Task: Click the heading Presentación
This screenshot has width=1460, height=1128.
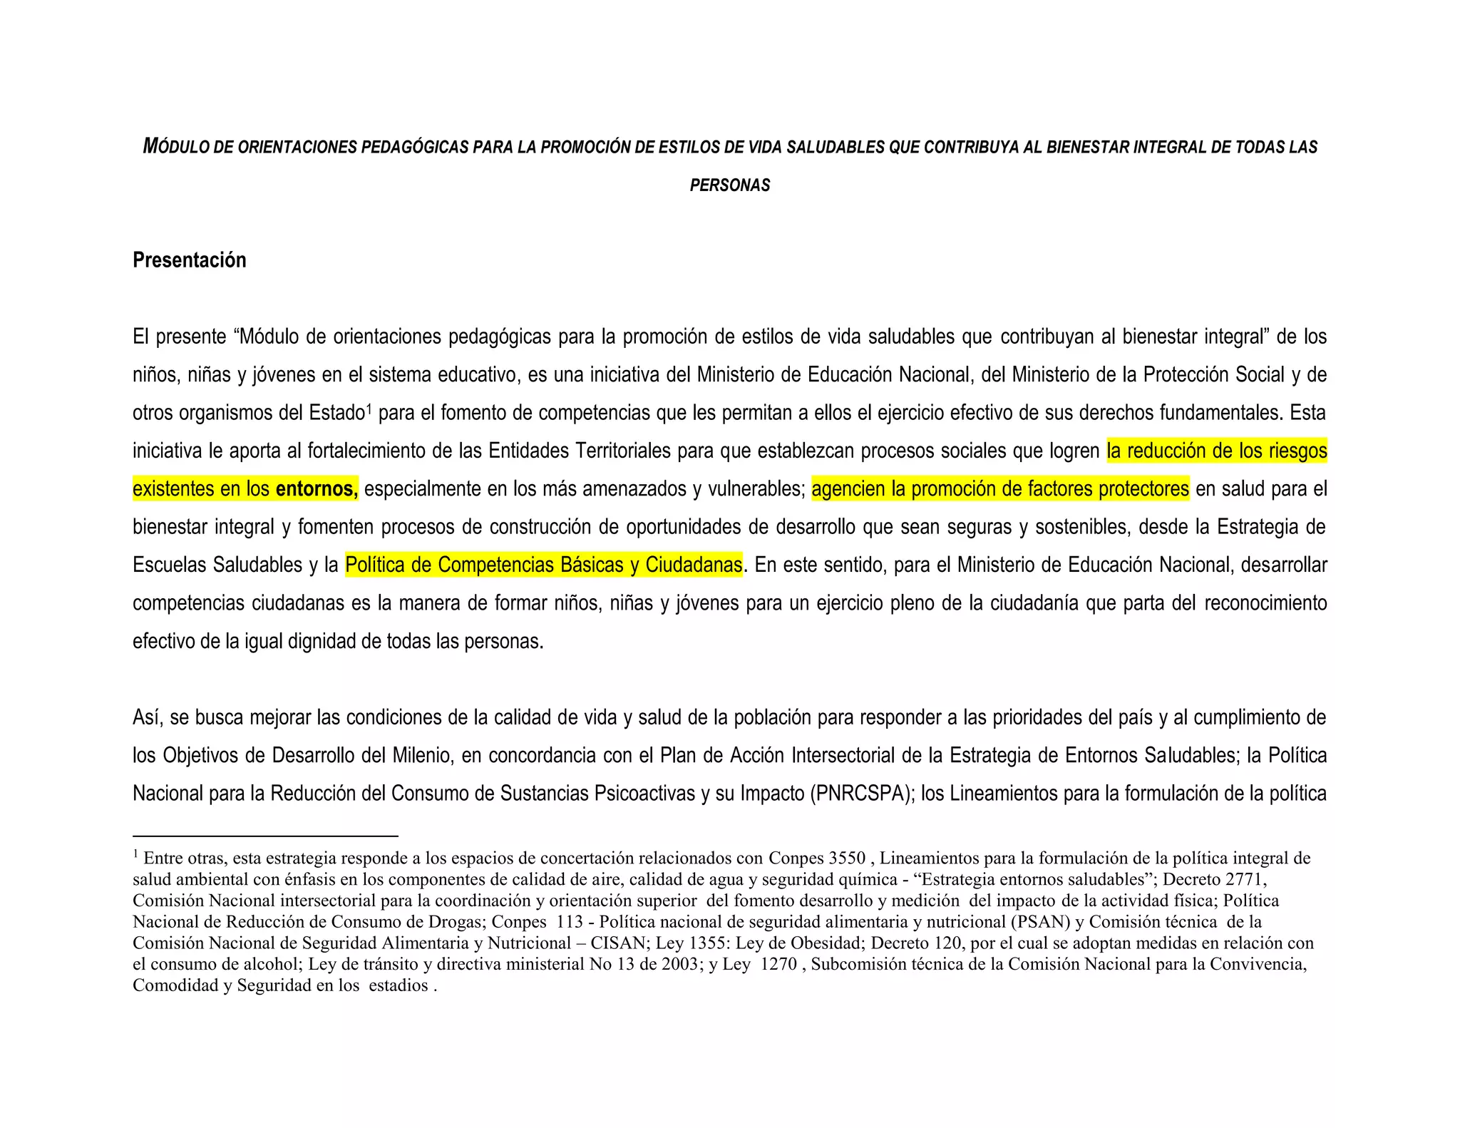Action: click(189, 260)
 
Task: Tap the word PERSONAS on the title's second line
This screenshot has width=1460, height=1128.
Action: click(730, 185)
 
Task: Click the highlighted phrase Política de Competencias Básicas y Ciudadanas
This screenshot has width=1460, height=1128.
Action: click(543, 565)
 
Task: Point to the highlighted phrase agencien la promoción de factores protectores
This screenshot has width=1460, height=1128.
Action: click(1000, 489)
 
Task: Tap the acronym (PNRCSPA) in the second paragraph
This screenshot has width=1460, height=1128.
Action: click(862, 794)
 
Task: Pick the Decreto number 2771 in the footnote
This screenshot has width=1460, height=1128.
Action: click(1243, 879)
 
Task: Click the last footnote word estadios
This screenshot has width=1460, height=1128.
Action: click(399, 986)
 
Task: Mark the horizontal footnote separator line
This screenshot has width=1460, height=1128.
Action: click(265, 836)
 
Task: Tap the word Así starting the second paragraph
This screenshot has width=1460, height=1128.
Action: click(148, 717)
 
